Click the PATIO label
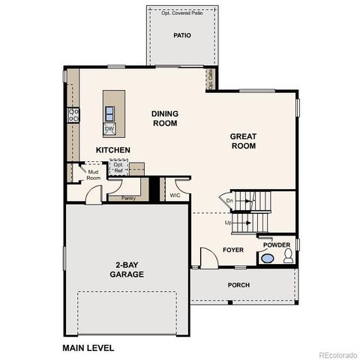(181, 34)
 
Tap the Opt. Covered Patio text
(181, 13)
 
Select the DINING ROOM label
(164, 118)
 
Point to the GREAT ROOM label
(243, 141)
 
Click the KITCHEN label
(112, 150)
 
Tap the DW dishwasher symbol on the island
(109, 128)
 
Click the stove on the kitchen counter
(74, 115)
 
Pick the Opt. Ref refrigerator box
(118, 167)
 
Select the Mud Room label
(94, 175)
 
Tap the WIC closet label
(175, 195)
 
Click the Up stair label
(228, 222)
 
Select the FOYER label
(233, 250)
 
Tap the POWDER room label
(277, 244)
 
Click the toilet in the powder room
(287, 258)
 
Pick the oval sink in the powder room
(267, 259)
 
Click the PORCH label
(238, 285)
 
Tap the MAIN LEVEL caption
(88, 347)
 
